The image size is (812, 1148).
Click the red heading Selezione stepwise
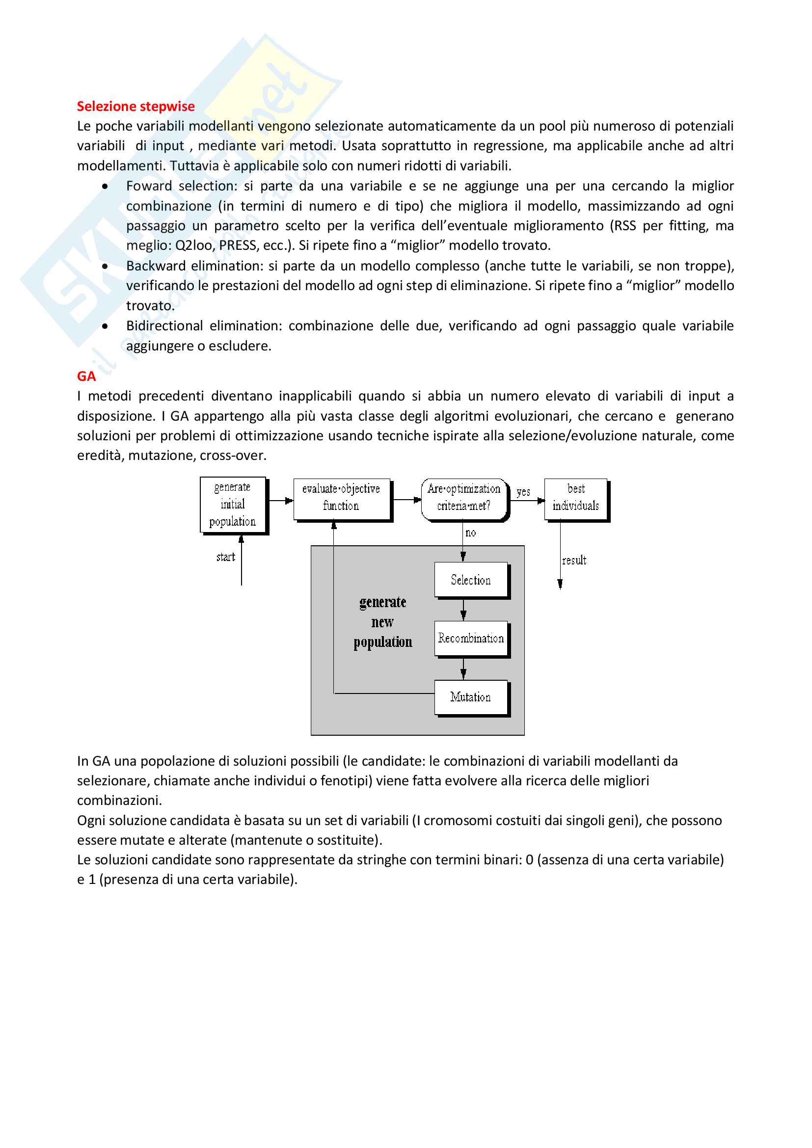pos(135,107)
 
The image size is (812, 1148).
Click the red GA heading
pos(86,376)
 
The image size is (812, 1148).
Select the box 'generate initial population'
pos(233,505)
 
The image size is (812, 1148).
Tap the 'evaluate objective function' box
pos(341,498)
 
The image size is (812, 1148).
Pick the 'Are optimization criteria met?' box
pos(464,498)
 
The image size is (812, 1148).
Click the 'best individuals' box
pos(576,498)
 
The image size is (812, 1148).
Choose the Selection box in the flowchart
pos(470,580)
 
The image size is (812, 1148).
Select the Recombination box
pos(470,639)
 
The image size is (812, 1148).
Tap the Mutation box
pos(470,697)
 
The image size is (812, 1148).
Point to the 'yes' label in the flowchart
pos(523,492)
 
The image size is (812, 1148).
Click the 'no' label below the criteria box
pos(470,533)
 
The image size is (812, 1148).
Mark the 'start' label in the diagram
pos(225,557)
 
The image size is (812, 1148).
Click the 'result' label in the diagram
pos(574,561)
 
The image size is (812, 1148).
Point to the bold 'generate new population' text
pos(383,622)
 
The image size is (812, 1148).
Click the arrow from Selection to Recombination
pos(463,610)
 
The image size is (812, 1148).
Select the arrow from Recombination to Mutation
pos(463,668)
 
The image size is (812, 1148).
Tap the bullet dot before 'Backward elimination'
pos(105,266)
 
